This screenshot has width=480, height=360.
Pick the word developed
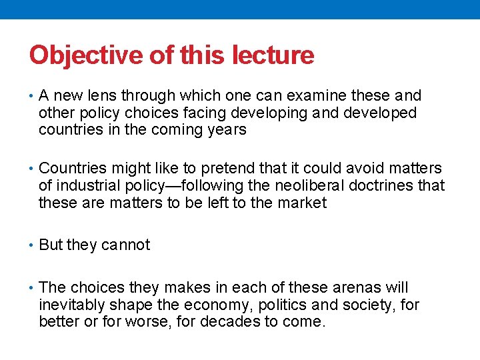(380, 113)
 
